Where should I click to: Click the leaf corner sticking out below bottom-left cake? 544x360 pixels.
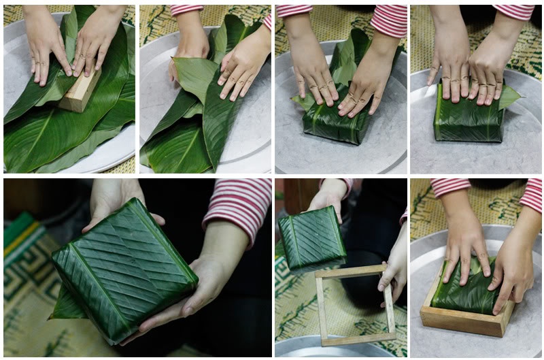coord(68,307)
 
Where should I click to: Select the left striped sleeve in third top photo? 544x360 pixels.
coord(294,10)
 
